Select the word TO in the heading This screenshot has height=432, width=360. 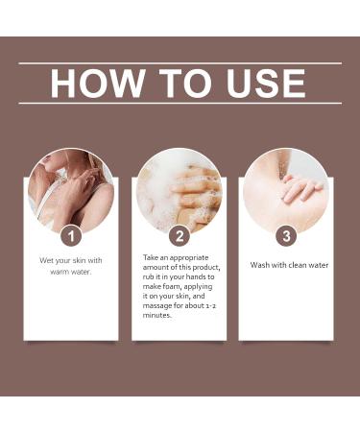coord(180,84)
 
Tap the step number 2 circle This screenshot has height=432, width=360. coord(179,235)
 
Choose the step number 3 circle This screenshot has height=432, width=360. coord(286,235)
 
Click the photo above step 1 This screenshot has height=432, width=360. coord(70,187)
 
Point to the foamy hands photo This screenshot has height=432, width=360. coord(179,187)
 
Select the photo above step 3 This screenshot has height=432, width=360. coord(286,187)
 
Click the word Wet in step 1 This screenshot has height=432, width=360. coord(47,260)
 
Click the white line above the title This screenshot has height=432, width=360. coord(180,63)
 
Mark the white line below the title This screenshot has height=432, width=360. coord(180,103)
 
